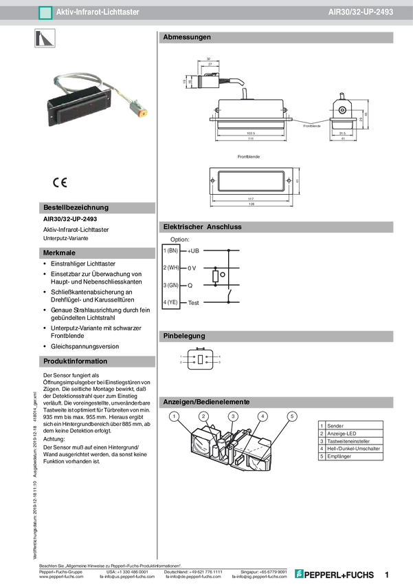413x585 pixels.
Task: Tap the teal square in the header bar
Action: coord(45,12)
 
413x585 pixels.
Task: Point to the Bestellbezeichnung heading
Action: coord(76,207)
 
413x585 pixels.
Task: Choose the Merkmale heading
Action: coord(59,253)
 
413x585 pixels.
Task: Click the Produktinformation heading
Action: coord(75,361)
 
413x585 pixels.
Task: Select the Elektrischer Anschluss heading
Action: coord(202,226)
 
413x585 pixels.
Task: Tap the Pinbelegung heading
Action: coord(184,336)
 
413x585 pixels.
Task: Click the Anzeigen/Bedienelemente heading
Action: coord(205,401)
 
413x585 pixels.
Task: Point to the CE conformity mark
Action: coord(60,182)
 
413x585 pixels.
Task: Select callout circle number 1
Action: coord(175,416)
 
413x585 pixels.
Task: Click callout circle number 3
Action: coord(233,416)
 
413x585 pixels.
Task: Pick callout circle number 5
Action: coord(292,416)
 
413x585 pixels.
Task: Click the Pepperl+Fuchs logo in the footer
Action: coord(335,574)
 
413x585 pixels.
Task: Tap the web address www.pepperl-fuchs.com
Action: coord(62,577)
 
